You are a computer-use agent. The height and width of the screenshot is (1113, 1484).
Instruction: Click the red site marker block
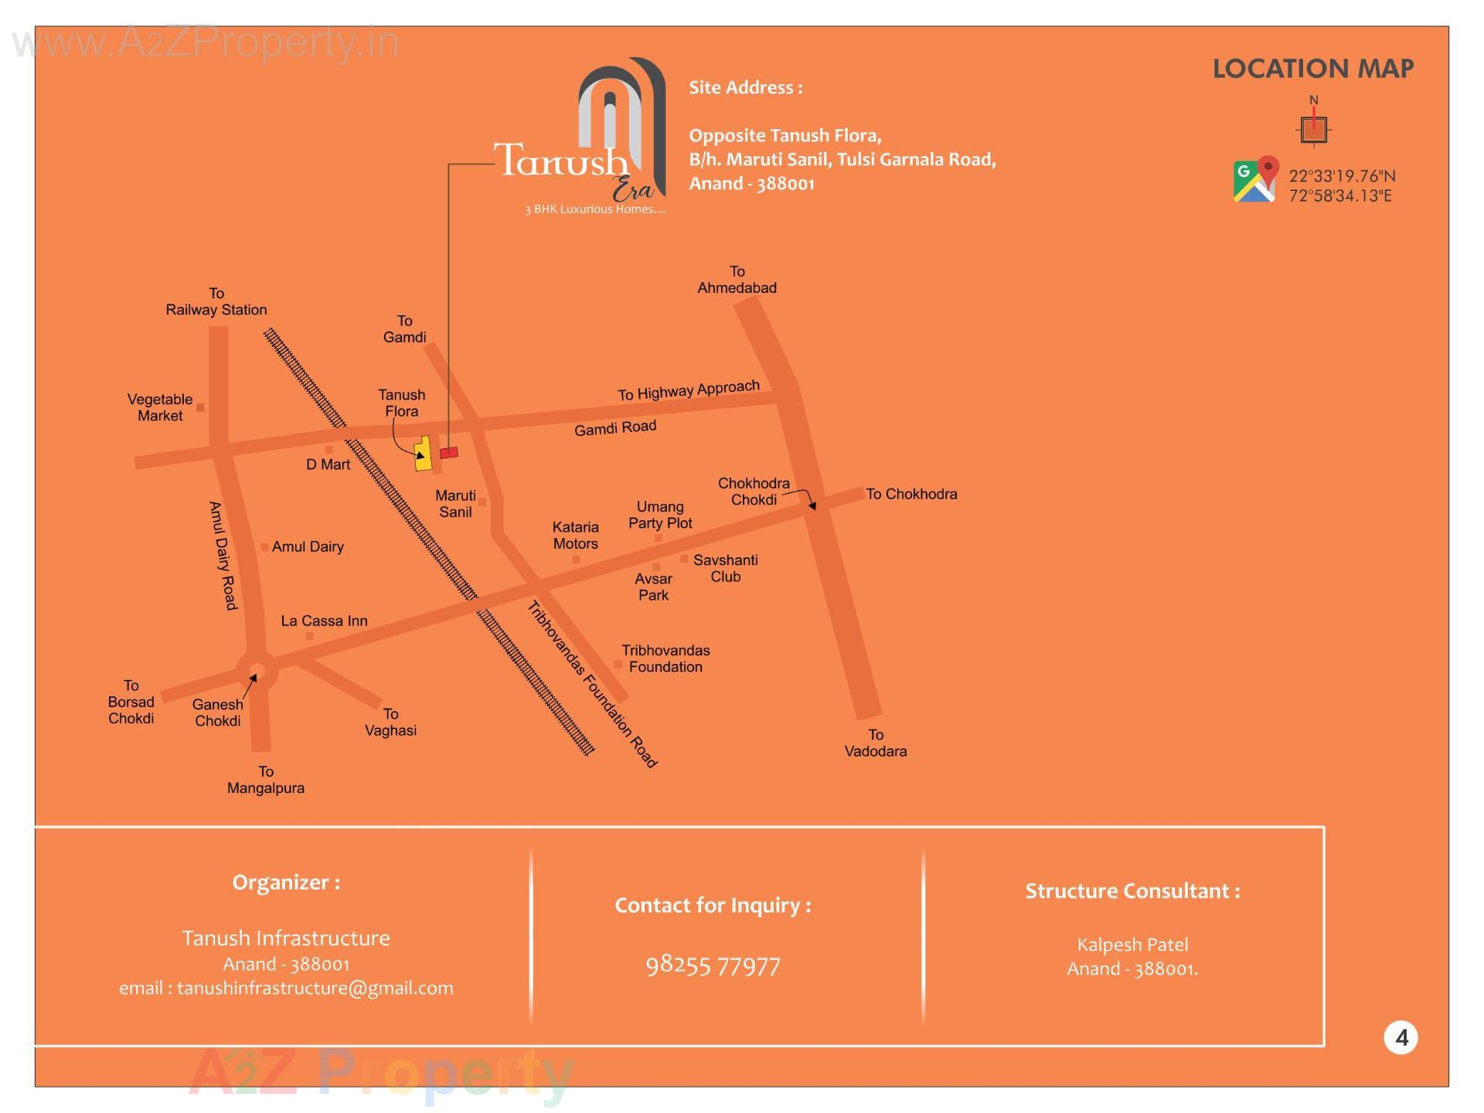[x=449, y=452]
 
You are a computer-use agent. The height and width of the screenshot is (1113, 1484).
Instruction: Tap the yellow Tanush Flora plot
[x=423, y=454]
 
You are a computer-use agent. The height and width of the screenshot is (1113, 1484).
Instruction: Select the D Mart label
[x=328, y=465]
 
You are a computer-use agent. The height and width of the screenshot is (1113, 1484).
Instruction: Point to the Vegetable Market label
[x=160, y=407]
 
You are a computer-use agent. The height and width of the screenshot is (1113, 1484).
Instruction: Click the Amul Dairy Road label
[x=223, y=556]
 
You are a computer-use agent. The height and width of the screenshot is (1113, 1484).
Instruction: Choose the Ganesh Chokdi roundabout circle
[x=257, y=671]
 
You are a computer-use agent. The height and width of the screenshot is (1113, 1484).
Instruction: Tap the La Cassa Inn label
[x=324, y=621]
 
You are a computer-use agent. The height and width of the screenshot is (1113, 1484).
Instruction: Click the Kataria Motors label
[x=575, y=535]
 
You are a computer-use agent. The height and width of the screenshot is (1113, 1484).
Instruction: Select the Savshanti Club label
[x=725, y=568]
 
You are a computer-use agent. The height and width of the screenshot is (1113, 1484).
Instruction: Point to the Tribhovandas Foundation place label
[x=665, y=659]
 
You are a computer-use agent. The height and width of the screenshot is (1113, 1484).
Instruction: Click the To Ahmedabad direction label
[x=737, y=280]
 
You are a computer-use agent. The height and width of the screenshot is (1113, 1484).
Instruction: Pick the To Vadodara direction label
[x=875, y=743]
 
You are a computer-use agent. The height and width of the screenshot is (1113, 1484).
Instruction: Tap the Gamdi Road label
[x=615, y=427]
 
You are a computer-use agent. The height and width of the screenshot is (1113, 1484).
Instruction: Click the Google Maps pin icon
[x=1254, y=180]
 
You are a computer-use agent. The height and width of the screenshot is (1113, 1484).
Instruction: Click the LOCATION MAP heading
[x=1312, y=69]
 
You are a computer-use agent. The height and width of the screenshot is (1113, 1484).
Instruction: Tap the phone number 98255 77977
[x=713, y=965]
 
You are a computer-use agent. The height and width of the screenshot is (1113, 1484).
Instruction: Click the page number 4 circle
[x=1401, y=1037]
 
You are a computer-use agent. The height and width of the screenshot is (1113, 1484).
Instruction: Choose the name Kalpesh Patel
[x=1132, y=945]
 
